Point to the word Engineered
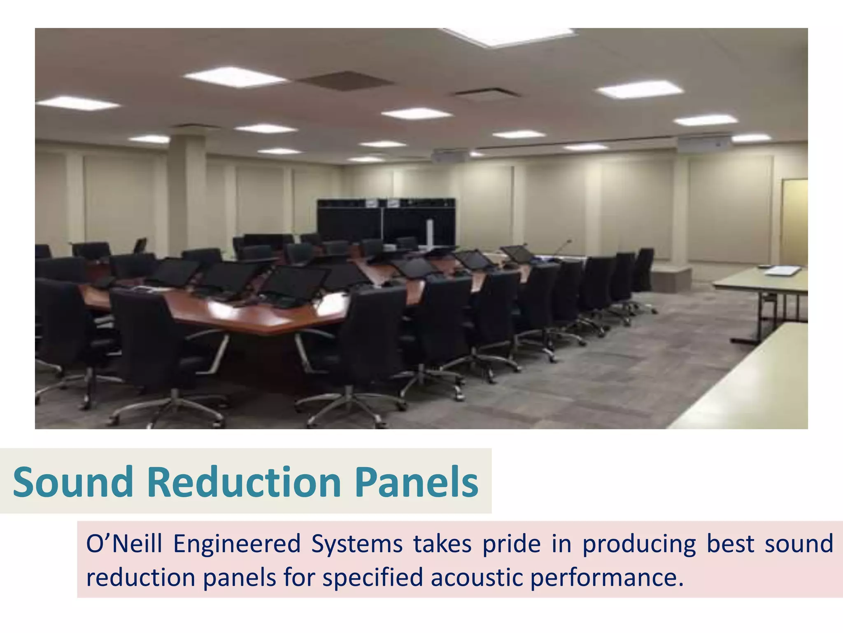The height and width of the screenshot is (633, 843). pyautogui.click(x=237, y=544)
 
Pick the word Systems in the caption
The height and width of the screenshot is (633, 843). pyautogui.click(x=356, y=544)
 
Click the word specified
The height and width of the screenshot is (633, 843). pyautogui.click(x=372, y=577)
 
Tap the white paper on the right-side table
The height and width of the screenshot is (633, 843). pyautogui.click(x=782, y=271)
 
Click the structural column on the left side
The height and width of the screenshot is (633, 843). pyautogui.click(x=187, y=190)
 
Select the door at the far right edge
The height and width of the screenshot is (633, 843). pyautogui.click(x=794, y=223)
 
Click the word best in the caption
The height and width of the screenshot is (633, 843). pyautogui.click(x=729, y=544)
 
